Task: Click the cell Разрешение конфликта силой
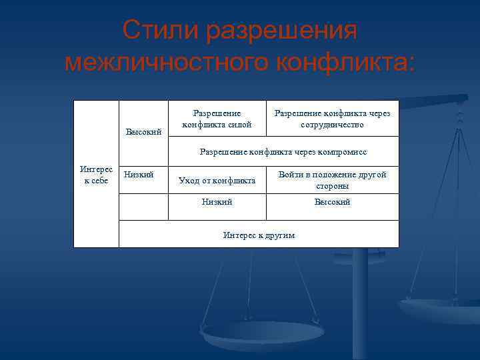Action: tap(217, 119)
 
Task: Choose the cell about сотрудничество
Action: tap(332, 119)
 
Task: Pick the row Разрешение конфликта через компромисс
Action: tap(283, 152)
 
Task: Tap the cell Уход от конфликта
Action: tap(217, 180)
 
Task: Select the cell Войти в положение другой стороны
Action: tap(332, 180)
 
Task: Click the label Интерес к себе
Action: tap(96, 175)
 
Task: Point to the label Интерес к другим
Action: tap(259, 235)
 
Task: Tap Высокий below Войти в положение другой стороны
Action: tap(332, 202)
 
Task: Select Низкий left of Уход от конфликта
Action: tap(139, 174)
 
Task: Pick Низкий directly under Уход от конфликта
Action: tap(217, 202)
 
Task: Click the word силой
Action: tap(240, 124)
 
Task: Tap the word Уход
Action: tap(187, 180)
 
